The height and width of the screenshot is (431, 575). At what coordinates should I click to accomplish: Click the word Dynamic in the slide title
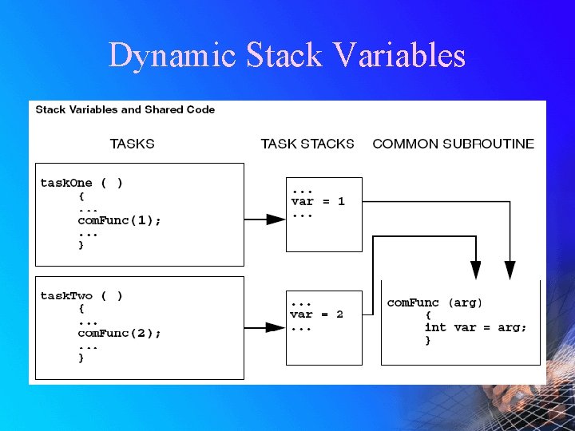172,56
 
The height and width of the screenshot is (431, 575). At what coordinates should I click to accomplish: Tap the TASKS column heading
132,144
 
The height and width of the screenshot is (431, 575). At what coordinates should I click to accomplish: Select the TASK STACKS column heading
307,144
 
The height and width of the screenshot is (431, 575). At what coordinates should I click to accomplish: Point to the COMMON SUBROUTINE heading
453,144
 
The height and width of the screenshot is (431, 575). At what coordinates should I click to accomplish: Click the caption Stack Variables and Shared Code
125,109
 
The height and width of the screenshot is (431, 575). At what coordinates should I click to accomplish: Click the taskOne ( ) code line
81,183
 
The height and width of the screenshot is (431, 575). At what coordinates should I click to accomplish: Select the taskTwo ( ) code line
81,296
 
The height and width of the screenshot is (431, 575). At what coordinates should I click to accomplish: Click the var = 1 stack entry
318,202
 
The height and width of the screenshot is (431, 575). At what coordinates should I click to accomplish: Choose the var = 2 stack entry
317,314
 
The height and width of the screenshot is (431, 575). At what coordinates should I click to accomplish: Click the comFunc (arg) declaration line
434,303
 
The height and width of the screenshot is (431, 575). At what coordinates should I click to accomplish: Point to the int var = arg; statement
475,327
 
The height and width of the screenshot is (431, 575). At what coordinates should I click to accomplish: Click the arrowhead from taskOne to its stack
276,219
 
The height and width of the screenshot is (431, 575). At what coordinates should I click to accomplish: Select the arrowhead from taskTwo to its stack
276,327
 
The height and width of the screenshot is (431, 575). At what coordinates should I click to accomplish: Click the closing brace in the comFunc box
427,340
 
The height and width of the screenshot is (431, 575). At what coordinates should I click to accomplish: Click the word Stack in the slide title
284,56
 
